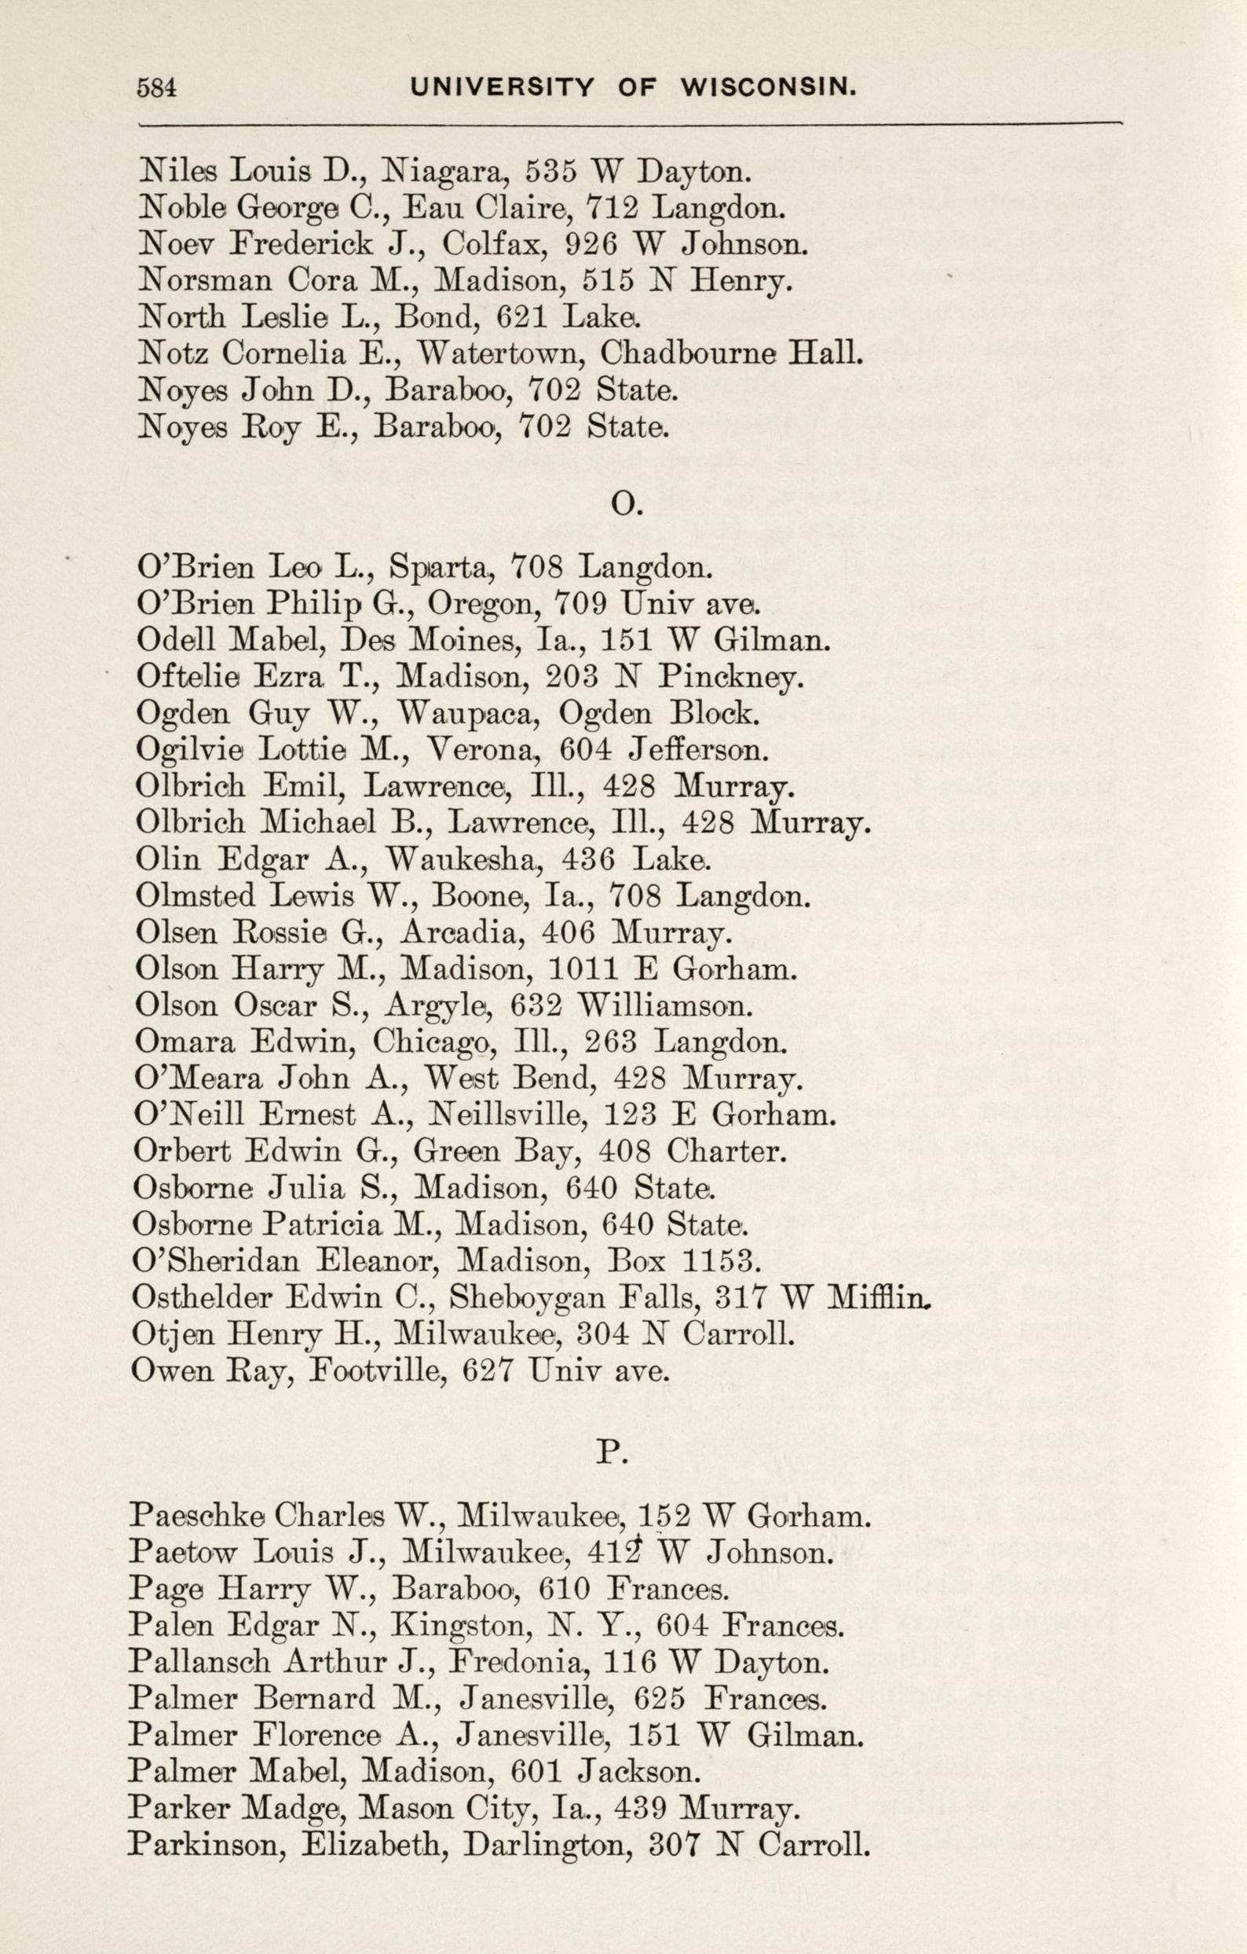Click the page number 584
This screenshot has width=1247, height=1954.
pos(157,88)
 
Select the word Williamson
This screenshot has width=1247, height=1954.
pos(664,1005)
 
